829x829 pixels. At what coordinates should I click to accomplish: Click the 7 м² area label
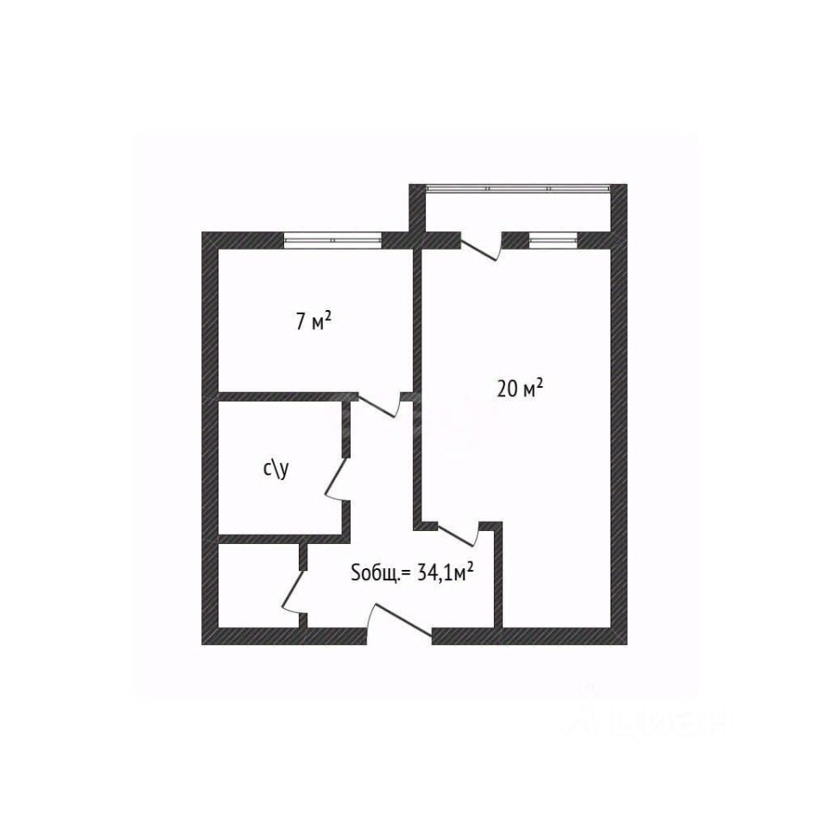[314, 322]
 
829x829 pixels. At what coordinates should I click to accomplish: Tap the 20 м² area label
[519, 389]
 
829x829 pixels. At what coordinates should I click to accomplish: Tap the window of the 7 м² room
[332, 239]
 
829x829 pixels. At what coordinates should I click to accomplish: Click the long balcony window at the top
[519, 187]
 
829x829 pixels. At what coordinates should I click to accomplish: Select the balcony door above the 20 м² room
[482, 246]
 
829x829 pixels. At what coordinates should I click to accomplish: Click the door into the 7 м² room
[378, 404]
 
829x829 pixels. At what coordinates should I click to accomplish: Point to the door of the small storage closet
[294, 592]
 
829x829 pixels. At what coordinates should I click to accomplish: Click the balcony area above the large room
[518, 212]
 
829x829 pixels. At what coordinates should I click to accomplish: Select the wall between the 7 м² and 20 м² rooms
[416, 320]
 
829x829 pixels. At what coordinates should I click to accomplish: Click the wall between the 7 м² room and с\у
[285, 396]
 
